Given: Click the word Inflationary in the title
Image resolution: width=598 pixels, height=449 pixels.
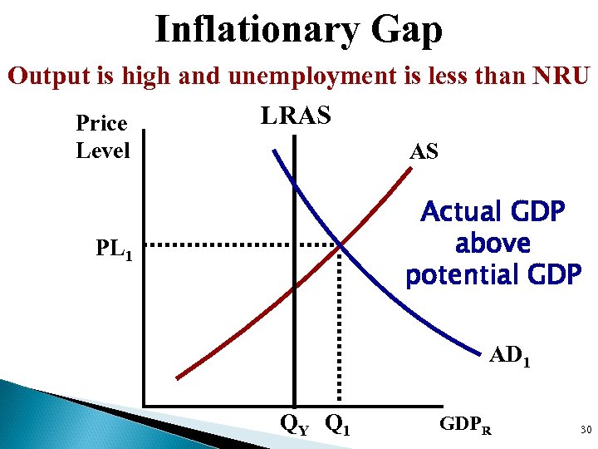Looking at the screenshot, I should (x=256, y=31).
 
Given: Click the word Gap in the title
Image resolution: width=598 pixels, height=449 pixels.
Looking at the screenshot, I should (x=407, y=31).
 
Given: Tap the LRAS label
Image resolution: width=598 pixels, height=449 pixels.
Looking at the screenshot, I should (x=296, y=116).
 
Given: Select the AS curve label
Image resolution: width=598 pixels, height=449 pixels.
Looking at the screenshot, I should (x=424, y=151).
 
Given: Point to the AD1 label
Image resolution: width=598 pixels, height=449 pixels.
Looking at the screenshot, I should (x=511, y=356).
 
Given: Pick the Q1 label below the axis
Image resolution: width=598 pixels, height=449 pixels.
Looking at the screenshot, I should (x=337, y=426).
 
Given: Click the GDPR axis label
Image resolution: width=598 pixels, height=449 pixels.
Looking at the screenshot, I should (x=466, y=426).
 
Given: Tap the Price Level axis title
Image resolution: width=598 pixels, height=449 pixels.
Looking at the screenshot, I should (x=102, y=137).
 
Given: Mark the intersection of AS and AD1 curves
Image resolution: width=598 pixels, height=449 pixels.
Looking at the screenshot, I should (x=340, y=245).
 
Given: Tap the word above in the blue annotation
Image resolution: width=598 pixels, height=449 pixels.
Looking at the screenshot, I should (x=493, y=244).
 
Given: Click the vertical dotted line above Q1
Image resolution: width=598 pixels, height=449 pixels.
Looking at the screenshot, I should (x=339, y=333).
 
